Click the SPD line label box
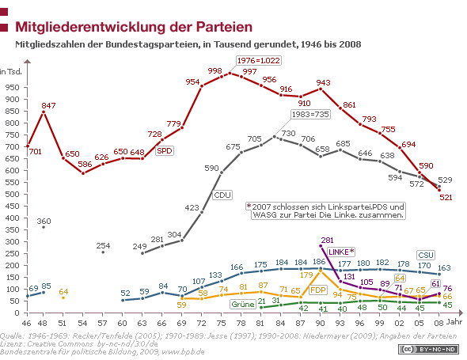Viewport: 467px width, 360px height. point(164,150)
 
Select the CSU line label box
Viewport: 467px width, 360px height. point(425,255)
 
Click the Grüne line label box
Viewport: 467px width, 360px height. point(242,304)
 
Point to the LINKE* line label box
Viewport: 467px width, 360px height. point(340,252)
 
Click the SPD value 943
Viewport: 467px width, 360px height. point(323,82)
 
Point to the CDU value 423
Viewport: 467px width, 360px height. point(192,207)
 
